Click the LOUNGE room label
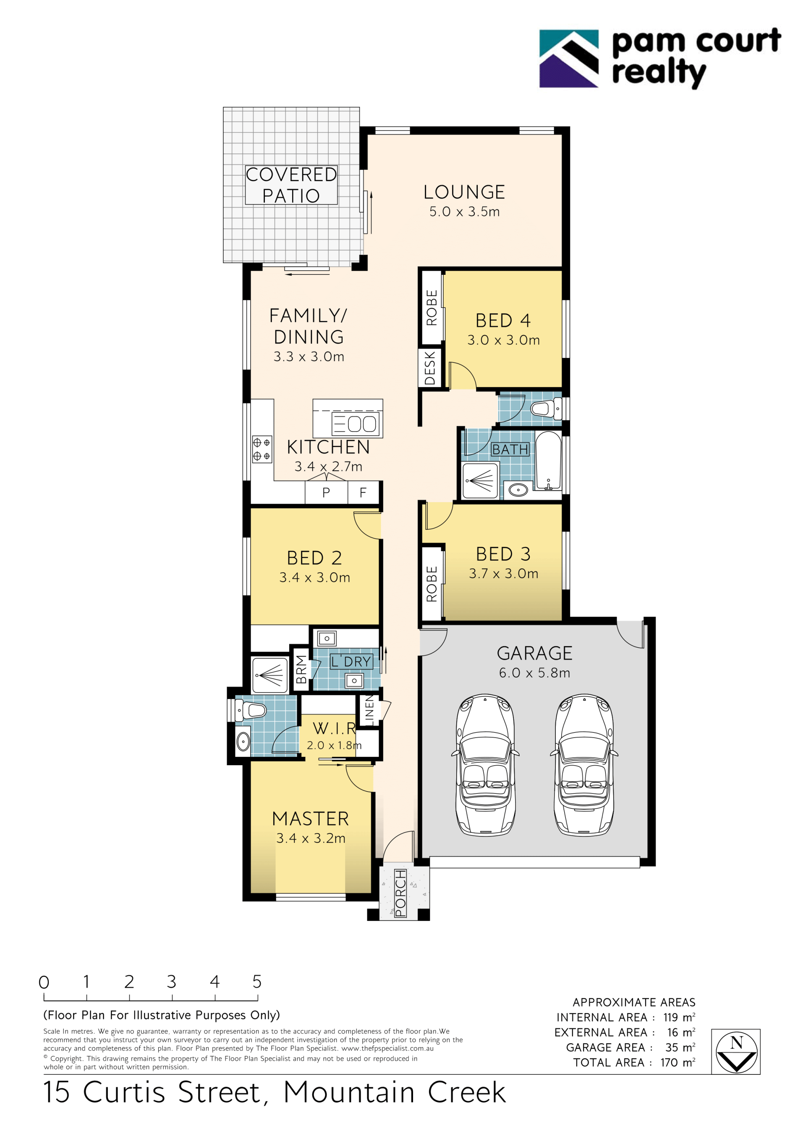click(x=464, y=192)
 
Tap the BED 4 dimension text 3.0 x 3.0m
click(x=503, y=340)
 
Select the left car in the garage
click(x=485, y=765)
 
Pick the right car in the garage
click(x=584, y=765)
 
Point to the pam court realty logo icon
click(x=569, y=59)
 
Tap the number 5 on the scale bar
click(x=256, y=981)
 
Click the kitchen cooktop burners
click(x=262, y=449)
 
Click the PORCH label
click(x=400, y=893)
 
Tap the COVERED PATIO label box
click(x=291, y=185)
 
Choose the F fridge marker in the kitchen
click(x=363, y=493)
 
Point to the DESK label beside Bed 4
click(x=430, y=368)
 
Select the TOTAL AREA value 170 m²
click(x=678, y=1063)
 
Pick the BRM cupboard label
click(x=301, y=669)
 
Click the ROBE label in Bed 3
click(x=431, y=584)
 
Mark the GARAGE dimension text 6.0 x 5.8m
click(x=534, y=672)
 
